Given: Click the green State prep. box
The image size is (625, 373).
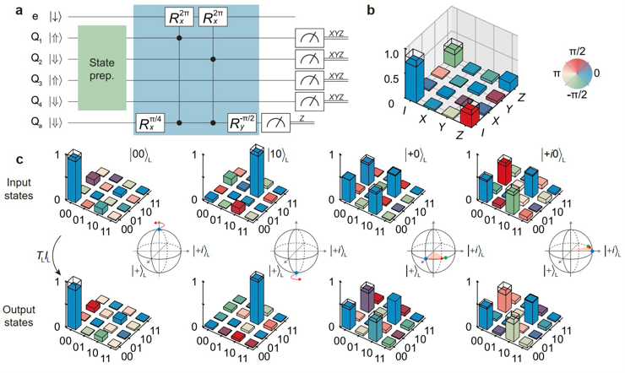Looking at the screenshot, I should [x=101, y=68].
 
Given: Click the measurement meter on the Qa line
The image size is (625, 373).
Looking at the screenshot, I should [x=274, y=122].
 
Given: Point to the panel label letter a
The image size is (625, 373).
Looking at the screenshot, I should [x=7, y=7].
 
